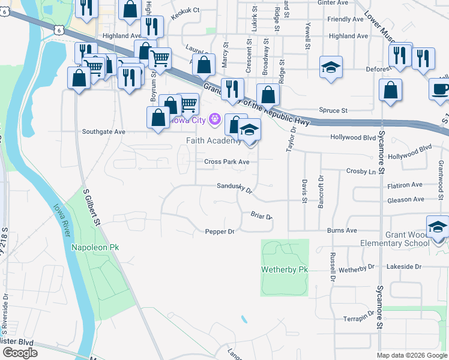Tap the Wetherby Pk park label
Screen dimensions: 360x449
tap(285, 269)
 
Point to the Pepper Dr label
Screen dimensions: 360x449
tap(219, 231)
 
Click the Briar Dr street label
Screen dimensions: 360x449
tap(262, 216)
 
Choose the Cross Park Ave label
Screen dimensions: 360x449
tap(226, 162)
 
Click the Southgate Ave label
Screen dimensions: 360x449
tap(103, 131)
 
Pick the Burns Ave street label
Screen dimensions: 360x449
tap(342, 230)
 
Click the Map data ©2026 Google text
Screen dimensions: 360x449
tap(412, 355)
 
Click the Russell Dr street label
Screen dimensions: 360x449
tap(332, 267)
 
